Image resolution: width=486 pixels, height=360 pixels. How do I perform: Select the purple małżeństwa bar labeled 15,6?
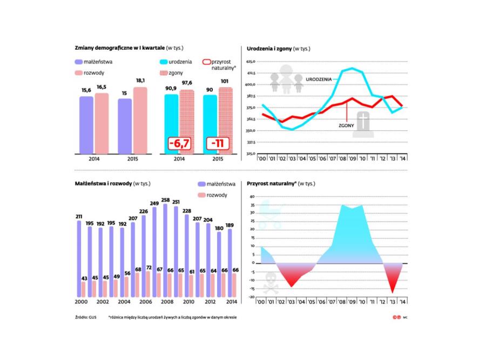(86, 124)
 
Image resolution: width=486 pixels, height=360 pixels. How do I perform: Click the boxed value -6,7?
(179, 143)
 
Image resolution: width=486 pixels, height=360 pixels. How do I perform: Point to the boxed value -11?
(218, 143)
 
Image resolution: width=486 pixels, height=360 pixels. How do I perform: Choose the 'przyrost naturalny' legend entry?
(218, 65)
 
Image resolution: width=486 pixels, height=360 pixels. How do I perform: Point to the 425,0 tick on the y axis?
(249, 62)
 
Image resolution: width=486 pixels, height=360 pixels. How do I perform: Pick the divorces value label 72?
(149, 268)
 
